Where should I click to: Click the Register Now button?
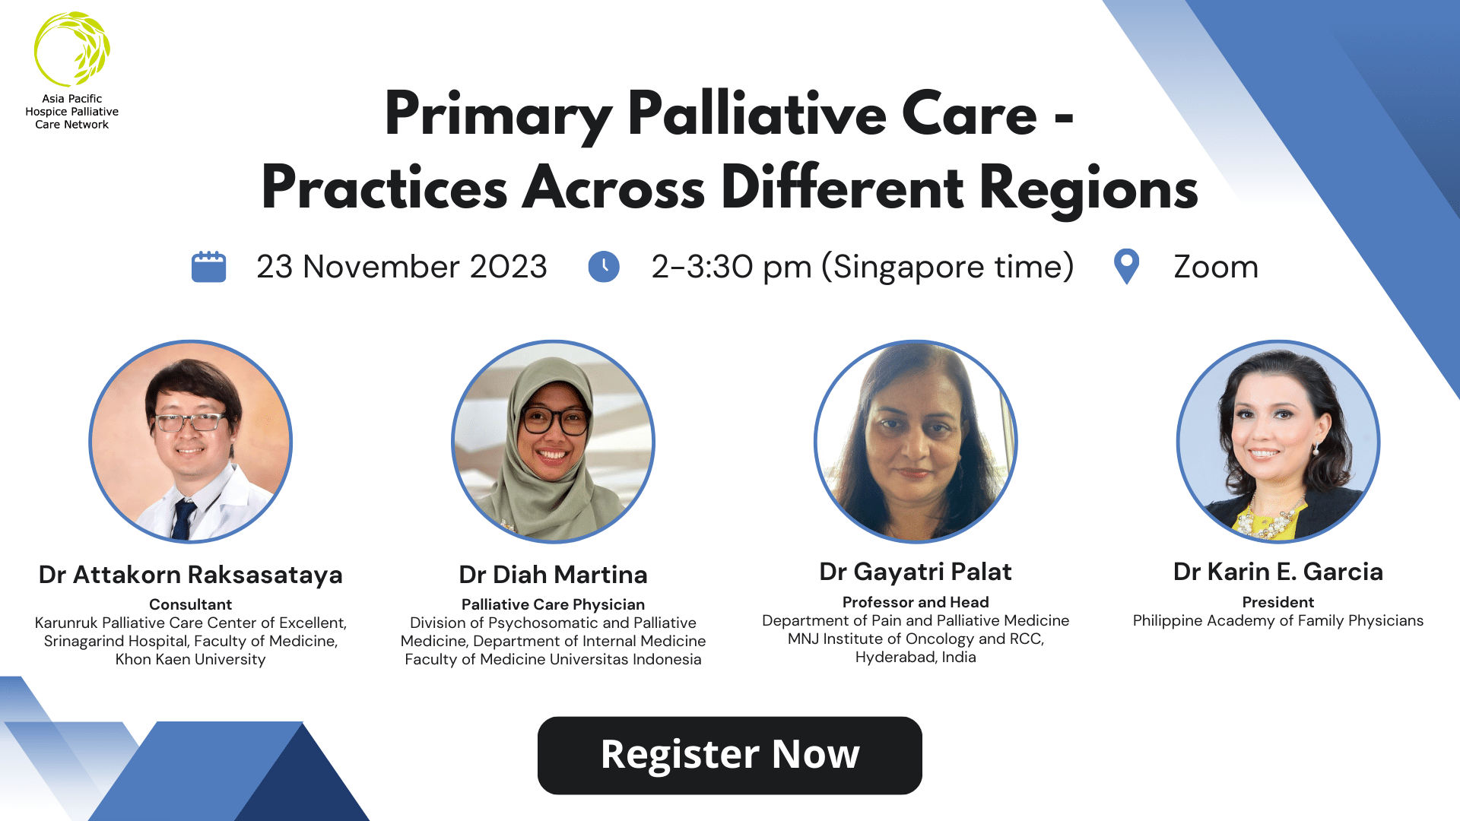click(x=729, y=755)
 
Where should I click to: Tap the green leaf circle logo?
click(x=72, y=49)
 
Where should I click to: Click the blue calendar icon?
click(x=208, y=267)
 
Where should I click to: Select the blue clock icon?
click(x=604, y=267)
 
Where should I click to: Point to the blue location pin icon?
click(x=1126, y=266)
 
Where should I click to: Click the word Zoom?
click(x=1215, y=267)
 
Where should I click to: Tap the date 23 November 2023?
click(x=401, y=267)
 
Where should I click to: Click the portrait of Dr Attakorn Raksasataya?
click(x=191, y=442)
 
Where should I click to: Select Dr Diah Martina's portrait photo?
click(x=554, y=442)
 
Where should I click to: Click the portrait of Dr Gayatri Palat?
click(x=916, y=442)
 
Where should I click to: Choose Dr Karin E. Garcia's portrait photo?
click(x=1278, y=442)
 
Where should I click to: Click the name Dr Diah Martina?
click(x=553, y=575)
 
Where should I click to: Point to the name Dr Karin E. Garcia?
click(x=1277, y=572)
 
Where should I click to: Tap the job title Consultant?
click(x=190, y=604)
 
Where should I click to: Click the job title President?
click(x=1277, y=602)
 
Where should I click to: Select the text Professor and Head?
click(x=916, y=602)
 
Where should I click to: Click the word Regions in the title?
click(x=1088, y=189)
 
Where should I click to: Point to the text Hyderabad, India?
click(x=916, y=657)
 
